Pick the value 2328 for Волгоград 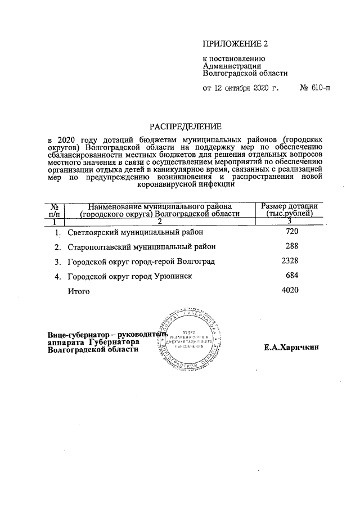pos(289,261)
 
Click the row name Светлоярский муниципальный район pos(134,232)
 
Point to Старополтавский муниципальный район pos(141,246)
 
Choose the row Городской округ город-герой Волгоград pos(141,261)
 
